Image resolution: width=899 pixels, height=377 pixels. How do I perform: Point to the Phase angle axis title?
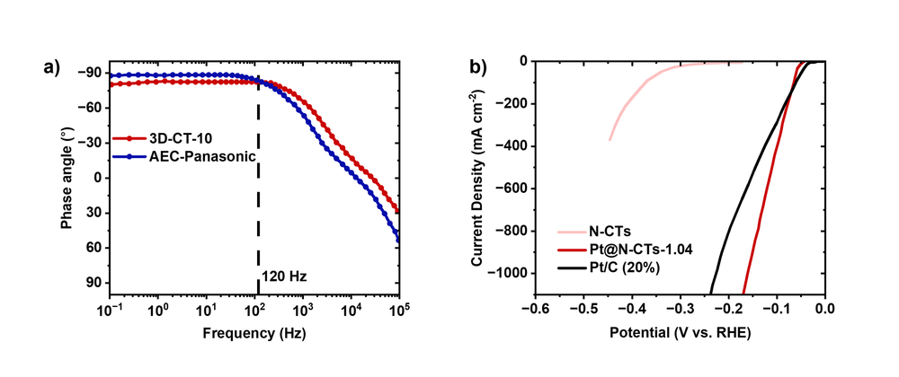click(x=67, y=178)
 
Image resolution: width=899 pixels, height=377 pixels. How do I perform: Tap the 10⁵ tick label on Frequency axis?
click(x=399, y=311)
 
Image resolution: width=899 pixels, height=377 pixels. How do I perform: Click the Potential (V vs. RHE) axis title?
click(x=681, y=333)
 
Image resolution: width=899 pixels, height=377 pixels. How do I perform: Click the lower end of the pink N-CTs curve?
click(x=610, y=139)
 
